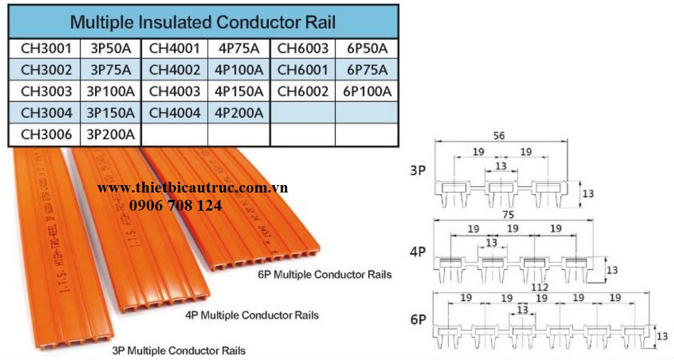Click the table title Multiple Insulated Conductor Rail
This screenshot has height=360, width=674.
202,22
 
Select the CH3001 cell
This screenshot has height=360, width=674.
46,48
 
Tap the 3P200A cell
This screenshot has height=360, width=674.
111,135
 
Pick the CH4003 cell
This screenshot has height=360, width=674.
174,91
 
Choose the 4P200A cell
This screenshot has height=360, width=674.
239,113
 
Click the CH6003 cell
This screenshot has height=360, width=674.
303,48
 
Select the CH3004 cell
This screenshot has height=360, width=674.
46,113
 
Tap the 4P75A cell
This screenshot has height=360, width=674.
239,48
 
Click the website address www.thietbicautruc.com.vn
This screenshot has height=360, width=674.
192,188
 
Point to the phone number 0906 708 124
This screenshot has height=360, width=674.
176,206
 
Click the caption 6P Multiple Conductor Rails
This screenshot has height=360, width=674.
324,275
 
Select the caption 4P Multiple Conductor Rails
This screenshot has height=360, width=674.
252,315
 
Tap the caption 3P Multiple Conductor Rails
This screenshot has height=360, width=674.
179,350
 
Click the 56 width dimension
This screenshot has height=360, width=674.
499,136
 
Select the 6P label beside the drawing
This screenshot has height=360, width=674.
418,320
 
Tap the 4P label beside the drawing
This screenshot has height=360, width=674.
418,252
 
